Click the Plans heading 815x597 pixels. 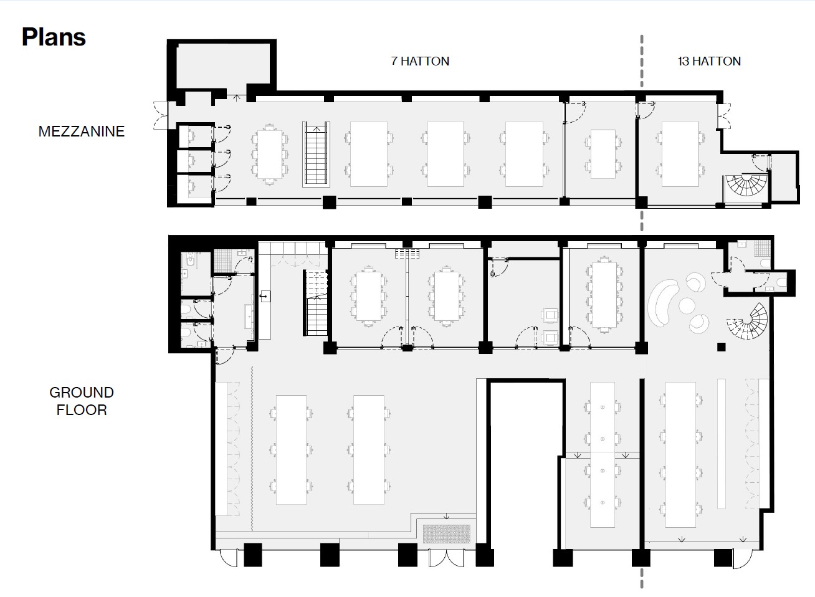pyautogui.click(x=54, y=37)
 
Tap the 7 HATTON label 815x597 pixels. pyautogui.click(x=420, y=61)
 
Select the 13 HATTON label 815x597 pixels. pyautogui.click(x=709, y=61)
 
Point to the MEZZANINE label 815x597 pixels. pyautogui.click(x=82, y=131)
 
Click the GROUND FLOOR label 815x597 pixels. pyautogui.click(x=82, y=401)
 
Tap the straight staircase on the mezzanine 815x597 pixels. pyautogui.click(x=316, y=155)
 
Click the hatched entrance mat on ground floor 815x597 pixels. pyautogui.click(x=446, y=533)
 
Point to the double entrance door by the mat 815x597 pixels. pyautogui.click(x=447, y=558)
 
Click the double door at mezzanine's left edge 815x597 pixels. pyautogui.click(x=161, y=115)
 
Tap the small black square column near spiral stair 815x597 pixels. pyautogui.click(x=722, y=347)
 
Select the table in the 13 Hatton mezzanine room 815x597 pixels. pyautogui.click(x=680, y=155)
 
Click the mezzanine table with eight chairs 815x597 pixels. pyautogui.click(x=270, y=155)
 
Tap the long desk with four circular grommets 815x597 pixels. pyautogui.click(x=603, y=455)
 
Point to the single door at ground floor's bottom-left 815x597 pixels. pyautogui.click(x=229, y=558)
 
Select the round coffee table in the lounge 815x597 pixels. pyautogui.click(x=687, y=305)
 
